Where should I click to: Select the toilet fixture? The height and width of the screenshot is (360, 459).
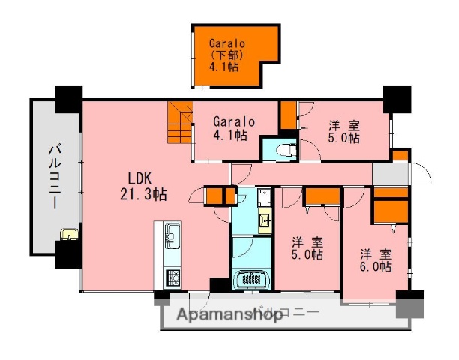pos(284,150)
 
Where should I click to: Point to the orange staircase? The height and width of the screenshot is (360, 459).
pos(180,124)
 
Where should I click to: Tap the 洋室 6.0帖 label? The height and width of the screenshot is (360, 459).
pos(375,259)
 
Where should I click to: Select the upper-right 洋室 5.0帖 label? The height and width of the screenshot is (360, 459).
pos(343,132)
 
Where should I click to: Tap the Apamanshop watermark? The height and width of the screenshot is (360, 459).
pos(229,315)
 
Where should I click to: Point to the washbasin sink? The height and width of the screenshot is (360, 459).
pos(264,220)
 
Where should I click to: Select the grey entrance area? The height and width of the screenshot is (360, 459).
pos(390,174)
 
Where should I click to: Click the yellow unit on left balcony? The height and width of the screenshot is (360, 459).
pos(68,235)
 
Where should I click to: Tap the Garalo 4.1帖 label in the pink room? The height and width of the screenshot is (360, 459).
pos(233,128)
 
